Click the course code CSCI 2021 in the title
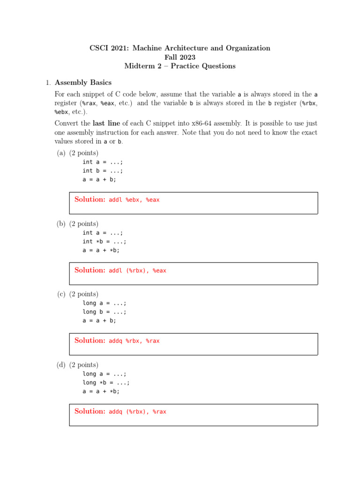point(108,48)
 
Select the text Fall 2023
point(180,57)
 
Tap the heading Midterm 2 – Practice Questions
point(180,66)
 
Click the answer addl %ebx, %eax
point(134,200)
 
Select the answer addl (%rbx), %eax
point(137,270)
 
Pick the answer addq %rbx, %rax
point(134,341)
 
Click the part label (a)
point(61,153)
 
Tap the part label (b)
point(61,224)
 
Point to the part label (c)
point(61,294)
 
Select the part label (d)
point(61,365)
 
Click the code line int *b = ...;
point(105,241)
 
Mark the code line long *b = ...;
point(105,382)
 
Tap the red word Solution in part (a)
point(90,199)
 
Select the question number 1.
point(47,83)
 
